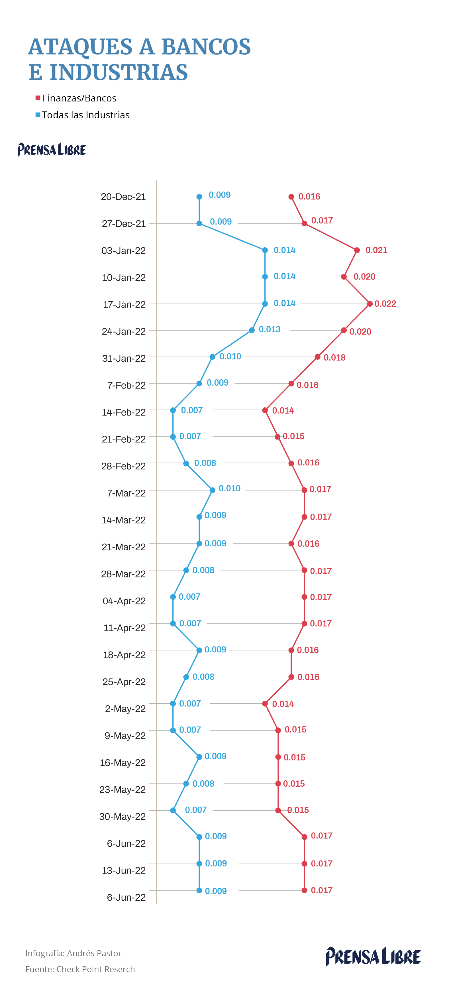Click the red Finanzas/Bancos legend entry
76,98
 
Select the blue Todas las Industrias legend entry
83,115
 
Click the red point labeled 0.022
370,304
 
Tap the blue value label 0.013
270,329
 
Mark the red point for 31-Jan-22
317,357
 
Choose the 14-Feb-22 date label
124,412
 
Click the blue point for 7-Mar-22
212,490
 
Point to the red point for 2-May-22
265,704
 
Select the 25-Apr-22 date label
124,682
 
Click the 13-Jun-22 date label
124,870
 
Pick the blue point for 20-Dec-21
199,197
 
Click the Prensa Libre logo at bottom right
373,957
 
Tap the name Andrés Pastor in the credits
94,953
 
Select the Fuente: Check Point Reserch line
80,969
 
